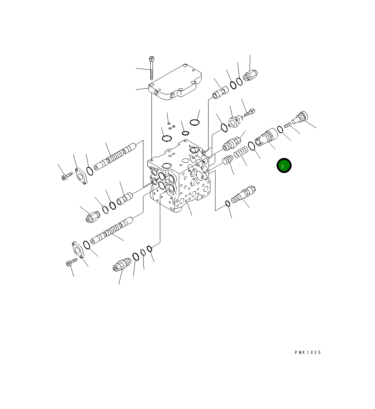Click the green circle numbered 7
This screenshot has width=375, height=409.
click(284, 165)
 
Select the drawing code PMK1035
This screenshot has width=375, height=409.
click(308, 353)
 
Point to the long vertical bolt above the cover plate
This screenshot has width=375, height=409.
click(151, 68)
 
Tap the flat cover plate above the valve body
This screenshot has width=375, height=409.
click(175, 82)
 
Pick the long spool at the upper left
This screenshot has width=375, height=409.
click(115, 156)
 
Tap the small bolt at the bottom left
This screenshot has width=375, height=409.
click(72, 262)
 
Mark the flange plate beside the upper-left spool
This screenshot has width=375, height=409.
click(81, 177)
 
